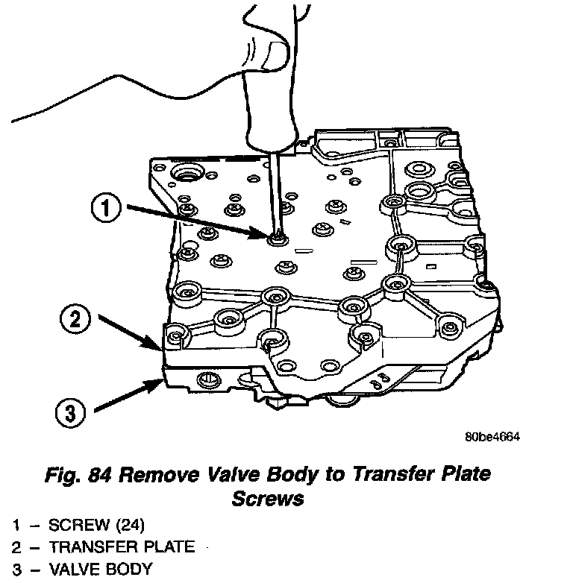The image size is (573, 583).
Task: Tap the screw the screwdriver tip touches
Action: pos(278,238)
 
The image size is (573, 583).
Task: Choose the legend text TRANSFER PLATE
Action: pos(122,546)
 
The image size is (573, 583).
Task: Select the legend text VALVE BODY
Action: pos(100,570)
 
